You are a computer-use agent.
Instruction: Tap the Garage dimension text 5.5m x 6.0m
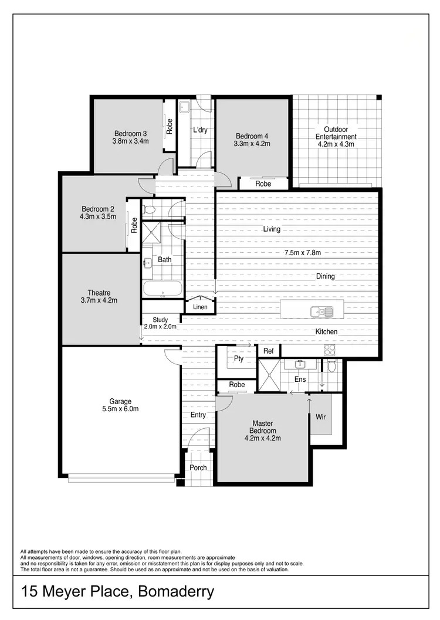(x=120, y=409)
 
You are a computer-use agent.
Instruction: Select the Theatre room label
(x=99, y=293)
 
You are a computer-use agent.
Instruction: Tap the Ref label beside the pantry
(x=268, y=351)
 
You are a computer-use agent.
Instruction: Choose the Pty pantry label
(x=239, y=358)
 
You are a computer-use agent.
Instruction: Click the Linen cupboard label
(x=200, y=307)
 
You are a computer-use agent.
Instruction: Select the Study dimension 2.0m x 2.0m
(x=160, y=327)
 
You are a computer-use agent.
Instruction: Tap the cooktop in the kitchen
(x=330, y=350)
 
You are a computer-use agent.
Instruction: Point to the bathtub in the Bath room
(x=162, y=288)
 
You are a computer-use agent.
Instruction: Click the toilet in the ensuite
(x=332, y=367)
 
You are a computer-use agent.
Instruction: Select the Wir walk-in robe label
(x=320, y=416)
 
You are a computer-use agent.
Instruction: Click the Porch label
(x=198, y=467)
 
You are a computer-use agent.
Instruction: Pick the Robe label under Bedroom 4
(x=263, y=184)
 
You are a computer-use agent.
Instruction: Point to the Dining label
(x=325, y=276)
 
